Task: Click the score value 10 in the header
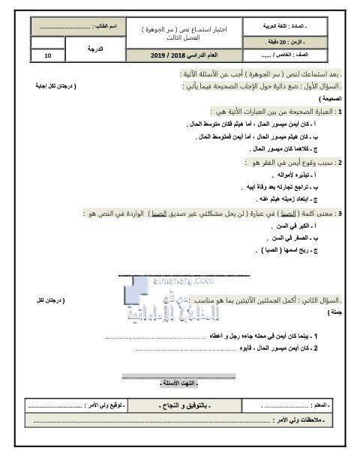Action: tap(49, 55)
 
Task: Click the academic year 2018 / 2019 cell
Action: tap(178, 55)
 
